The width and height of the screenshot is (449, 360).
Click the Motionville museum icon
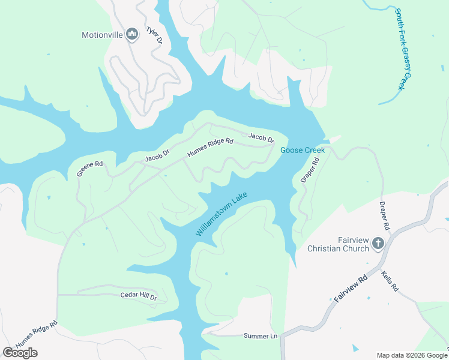[133, 34]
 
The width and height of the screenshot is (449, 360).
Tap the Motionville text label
[102, 35]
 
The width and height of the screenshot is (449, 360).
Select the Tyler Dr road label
[154, 35]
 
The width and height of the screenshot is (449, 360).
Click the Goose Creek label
[303, 149]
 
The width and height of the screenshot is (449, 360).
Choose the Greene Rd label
[89, 168]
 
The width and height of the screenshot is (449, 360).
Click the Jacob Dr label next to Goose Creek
[261, 139]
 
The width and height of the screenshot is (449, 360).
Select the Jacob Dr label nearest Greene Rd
[158, 157]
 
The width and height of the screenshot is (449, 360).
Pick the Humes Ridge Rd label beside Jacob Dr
[209, 147]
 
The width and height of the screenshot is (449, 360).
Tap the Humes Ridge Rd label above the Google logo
[37, 333]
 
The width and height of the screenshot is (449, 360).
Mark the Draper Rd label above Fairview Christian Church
[384, 216]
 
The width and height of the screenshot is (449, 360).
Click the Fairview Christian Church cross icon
[378, 243]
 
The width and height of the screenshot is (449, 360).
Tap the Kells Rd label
[390, 281]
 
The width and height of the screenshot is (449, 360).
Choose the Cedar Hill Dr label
[138, 296]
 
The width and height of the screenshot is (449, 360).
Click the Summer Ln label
[261, 336]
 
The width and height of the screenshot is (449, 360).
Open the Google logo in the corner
[20, 352]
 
